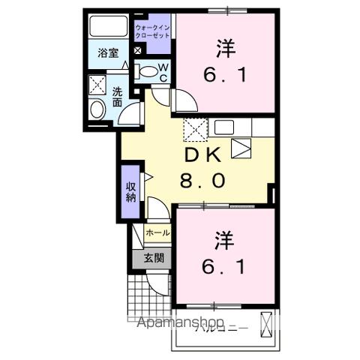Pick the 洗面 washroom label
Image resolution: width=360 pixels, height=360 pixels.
118,97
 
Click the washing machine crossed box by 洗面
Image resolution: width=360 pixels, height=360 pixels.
97,84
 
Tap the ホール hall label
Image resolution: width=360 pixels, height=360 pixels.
157,233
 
